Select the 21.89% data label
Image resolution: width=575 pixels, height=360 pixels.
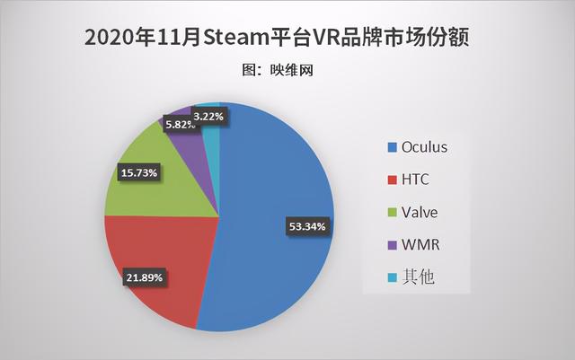click(144, 277)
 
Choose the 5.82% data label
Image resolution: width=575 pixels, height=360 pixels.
click(181, 125)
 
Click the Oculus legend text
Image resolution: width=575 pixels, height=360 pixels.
click(426, 146)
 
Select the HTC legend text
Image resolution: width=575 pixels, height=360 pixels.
click(417, 179)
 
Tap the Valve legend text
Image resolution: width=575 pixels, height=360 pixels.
click(420, 212)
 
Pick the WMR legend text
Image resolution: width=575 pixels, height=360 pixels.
click(420, 244)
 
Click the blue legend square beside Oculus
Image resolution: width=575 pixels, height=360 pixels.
click(391, 146)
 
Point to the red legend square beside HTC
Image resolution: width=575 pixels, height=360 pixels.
click(391, 179)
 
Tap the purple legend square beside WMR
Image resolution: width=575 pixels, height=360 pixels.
click(391, 244)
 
